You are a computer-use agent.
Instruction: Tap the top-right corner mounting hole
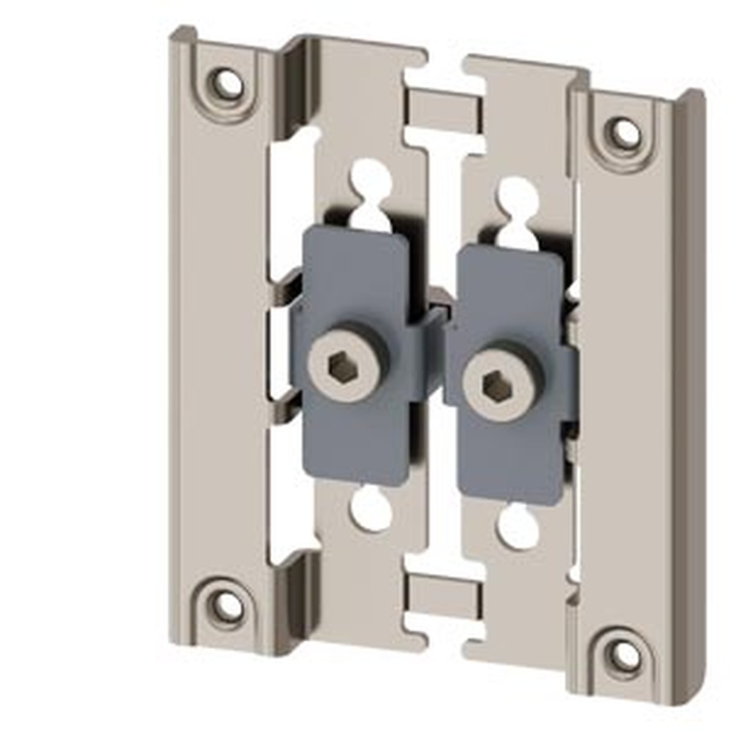(x=624, y=133)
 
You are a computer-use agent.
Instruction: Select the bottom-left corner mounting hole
(x=228, y=605)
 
